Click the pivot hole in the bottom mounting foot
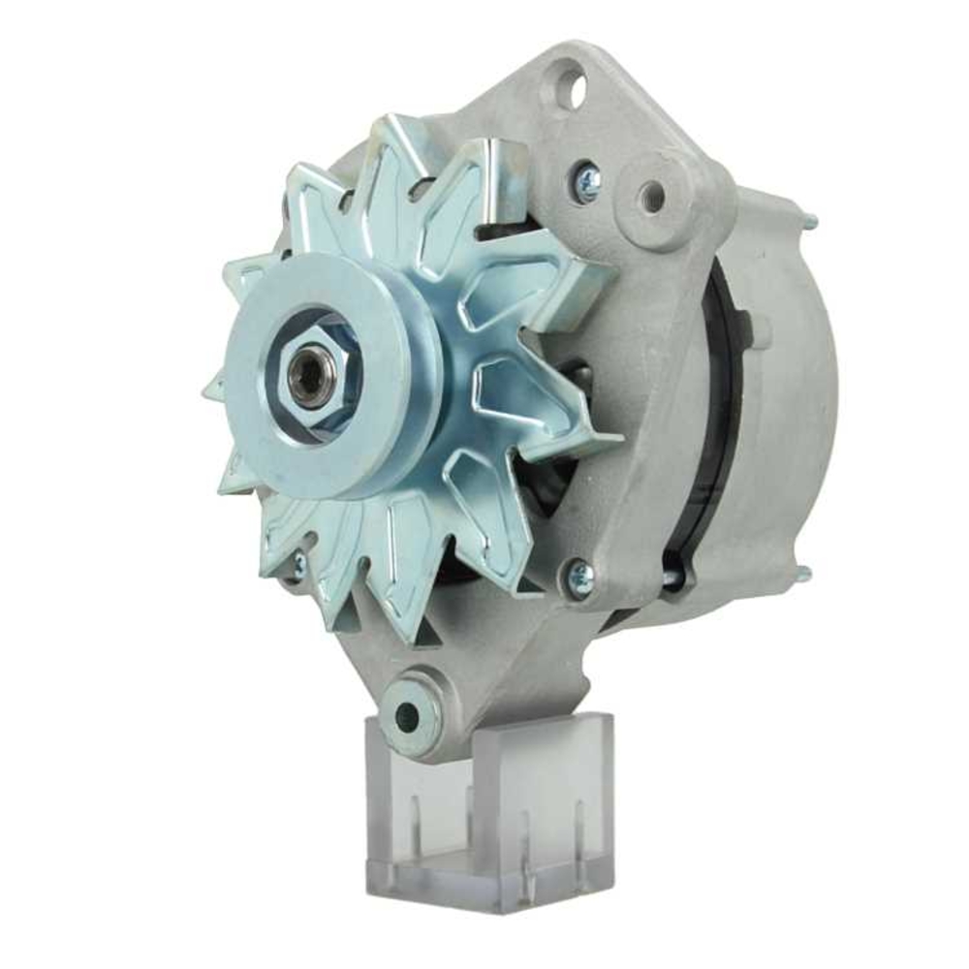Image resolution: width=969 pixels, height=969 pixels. [408, 716]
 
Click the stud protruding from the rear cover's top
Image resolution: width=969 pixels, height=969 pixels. [808, 221]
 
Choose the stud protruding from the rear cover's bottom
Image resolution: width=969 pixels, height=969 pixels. [802, 574]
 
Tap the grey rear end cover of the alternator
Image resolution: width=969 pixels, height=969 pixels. [785, 388]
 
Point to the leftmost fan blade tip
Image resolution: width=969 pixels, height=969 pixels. [208, 392]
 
